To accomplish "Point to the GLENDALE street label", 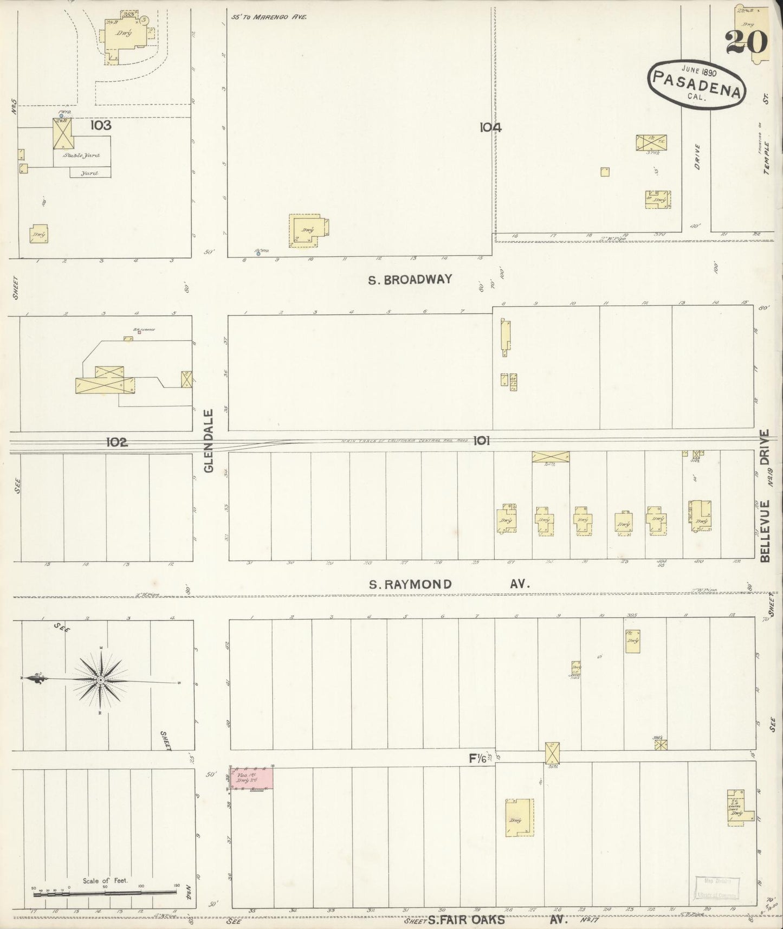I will (x=210, y=440).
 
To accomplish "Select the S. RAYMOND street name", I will (x=410, y=584).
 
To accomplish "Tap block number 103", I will (x=101, y=126).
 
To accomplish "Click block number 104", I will (x=490, y=128).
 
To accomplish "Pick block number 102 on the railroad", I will (x=117, y=443).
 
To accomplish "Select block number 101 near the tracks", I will (x=481, y=441).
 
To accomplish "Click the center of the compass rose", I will (x=101, y=680).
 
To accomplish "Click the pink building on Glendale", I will (x=253, y=778).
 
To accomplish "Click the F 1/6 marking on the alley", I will (x=478, y=759).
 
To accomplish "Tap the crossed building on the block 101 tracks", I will (x=551, y=457).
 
